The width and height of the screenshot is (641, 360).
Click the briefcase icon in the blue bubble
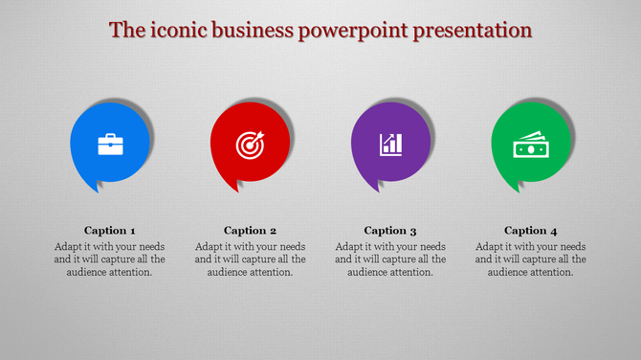click(110, 145)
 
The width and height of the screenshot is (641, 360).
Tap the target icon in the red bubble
click(250, 145)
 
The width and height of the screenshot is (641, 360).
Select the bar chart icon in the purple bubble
click(390, 145)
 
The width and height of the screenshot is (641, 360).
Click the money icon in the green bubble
click(530, 146)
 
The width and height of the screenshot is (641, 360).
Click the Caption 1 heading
click(110, 230)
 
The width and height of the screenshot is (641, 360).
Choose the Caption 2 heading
click(251, 230)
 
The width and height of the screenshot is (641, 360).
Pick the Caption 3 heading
click(390, 230)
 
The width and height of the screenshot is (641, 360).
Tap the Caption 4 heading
click(531, 230)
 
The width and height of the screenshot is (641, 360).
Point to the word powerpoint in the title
click(354, 31)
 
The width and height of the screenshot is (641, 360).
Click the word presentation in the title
click(472, 31)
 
